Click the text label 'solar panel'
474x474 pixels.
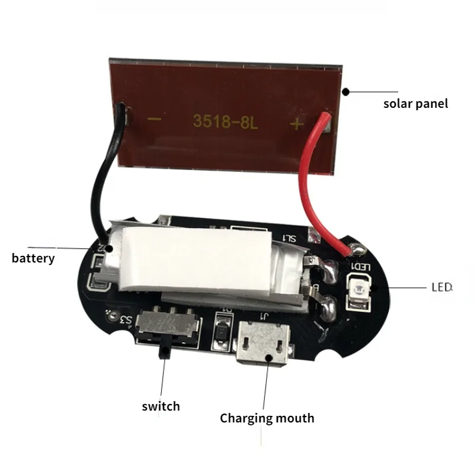415,104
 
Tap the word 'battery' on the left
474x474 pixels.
33,258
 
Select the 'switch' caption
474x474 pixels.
161,406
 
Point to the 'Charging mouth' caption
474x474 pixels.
267,418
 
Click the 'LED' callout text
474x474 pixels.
441,287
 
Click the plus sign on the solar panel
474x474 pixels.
297,123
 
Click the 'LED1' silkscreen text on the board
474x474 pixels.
361,267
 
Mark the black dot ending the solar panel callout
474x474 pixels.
345,91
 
